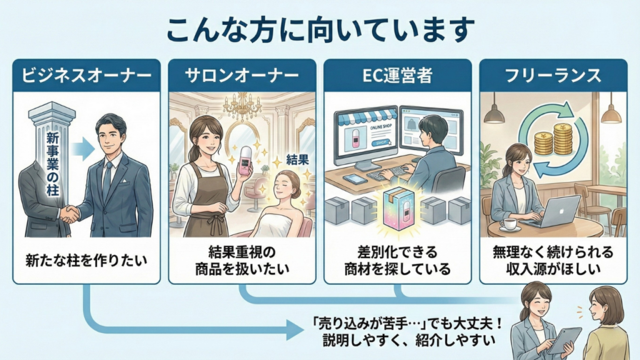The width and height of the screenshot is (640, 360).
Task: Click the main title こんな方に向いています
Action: pos(320,29)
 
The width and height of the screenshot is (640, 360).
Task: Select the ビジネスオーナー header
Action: pos(86,76)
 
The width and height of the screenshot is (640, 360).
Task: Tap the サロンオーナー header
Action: pos(242,76)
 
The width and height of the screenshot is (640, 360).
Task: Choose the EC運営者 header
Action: pos(397,76)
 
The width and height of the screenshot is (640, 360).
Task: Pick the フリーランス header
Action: pos(553,76)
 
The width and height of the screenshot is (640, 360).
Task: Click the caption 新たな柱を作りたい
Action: pos(86,258)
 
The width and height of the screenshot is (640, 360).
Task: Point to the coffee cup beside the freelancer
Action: pos(506,223)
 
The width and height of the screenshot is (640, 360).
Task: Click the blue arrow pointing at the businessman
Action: pos(80,149)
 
